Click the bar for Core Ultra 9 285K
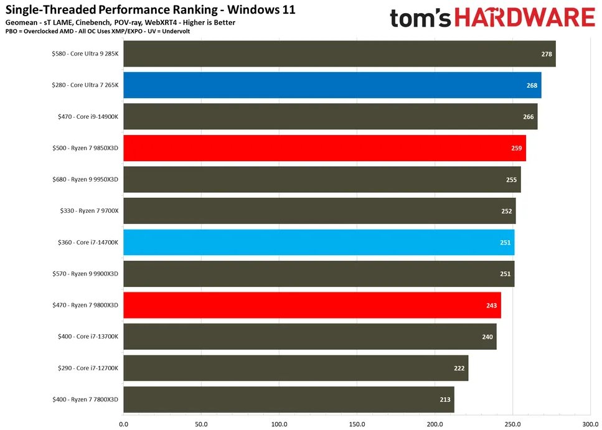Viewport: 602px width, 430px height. click(x=339, y=54)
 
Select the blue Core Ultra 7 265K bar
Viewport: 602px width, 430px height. click(x=332, y=85)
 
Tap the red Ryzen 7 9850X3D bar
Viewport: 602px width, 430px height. click(x=324, y=148)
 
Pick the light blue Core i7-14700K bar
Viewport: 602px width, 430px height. click(x=319, y=242)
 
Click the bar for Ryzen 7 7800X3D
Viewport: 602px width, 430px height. click(x=289, y=400)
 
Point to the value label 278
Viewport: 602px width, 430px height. click(x=547, y=54)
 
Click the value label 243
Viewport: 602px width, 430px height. click(x=492, y=305)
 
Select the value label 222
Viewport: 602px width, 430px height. click(x=459, y=368)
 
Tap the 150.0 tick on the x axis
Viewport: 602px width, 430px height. click(x=357, y=424)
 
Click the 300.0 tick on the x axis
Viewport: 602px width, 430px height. click(x=590, y=424)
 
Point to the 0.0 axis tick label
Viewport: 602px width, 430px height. click(x=123, y=424)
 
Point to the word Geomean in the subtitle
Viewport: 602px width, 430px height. click(x=23, y=23)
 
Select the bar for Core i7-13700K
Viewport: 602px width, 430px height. click(x=310, y=337)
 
